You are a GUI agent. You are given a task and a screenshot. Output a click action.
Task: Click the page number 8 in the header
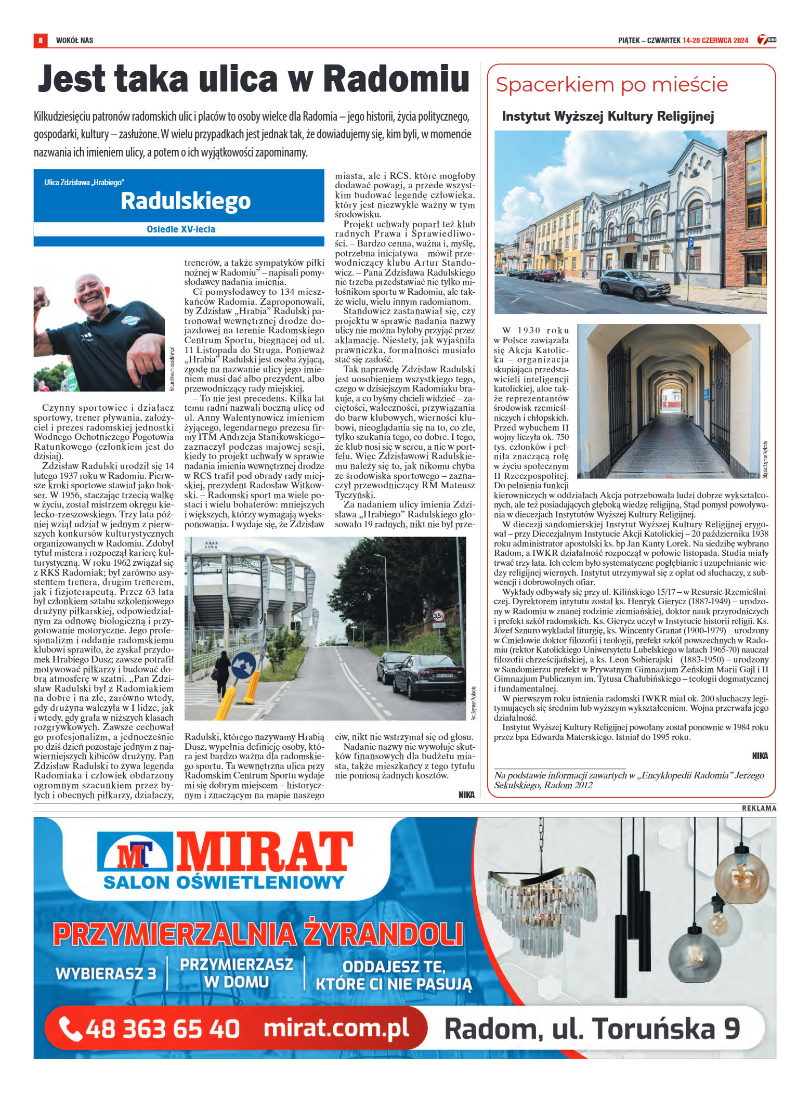(x=40, y=40)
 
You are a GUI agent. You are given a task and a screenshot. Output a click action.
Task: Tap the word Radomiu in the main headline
(x=396, y=80)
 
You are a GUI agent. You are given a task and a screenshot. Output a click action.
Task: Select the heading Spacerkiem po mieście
(x=611, y=85)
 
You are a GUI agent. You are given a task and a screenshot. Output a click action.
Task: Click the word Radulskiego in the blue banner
(x=186, y=201)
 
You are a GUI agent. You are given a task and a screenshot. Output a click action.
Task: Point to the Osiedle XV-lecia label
(x=180, y=229)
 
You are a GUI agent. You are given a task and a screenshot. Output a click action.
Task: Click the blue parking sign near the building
(x=690, y=242)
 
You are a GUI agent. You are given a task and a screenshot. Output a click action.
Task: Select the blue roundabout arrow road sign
(x=243, y=665)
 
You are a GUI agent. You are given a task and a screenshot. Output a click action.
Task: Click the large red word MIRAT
(x=265, y=852)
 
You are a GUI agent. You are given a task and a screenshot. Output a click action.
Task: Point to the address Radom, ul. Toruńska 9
(x=592, y=1029)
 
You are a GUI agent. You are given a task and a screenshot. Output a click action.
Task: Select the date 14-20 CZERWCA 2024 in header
(x=715, y=41)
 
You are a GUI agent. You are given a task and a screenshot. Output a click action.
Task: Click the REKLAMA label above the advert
(x=759, y=808)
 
